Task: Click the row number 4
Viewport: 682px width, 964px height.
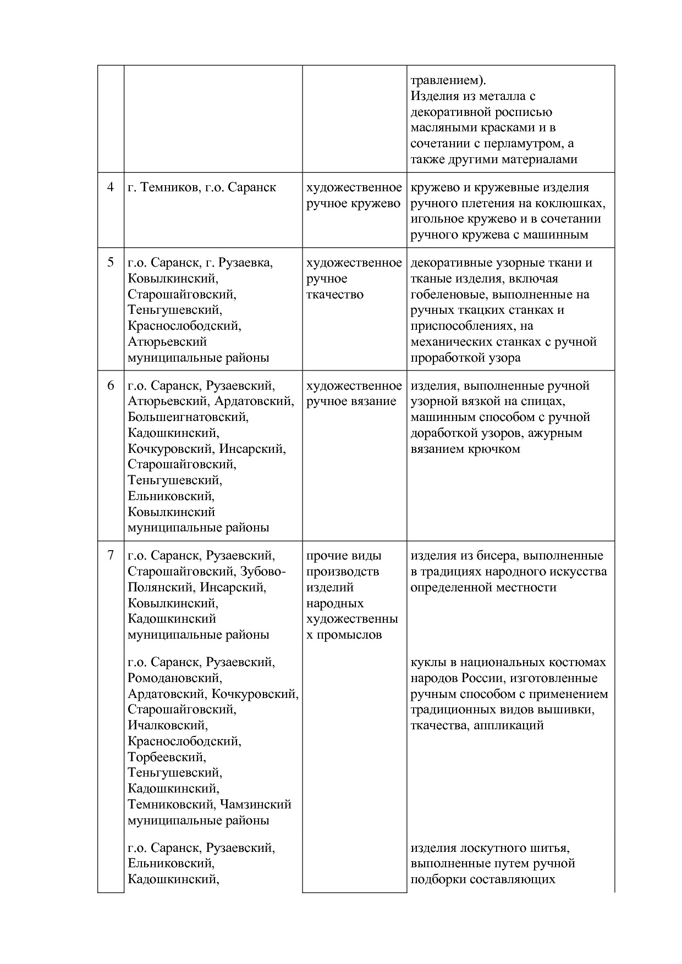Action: coord(111,187)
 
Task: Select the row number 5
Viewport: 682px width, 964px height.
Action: coord(111,263)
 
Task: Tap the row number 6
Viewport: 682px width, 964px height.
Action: coord(111,386)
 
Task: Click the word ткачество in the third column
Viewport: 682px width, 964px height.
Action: coord(334,295)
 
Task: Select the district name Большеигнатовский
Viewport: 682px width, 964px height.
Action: coord(188,417)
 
